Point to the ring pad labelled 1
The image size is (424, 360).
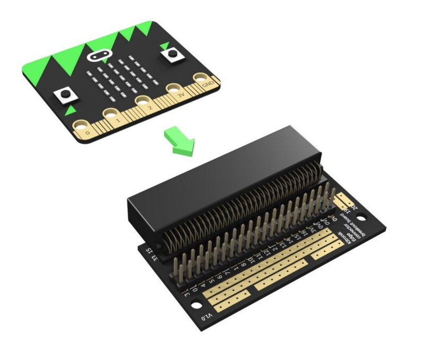tap(112, 113)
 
